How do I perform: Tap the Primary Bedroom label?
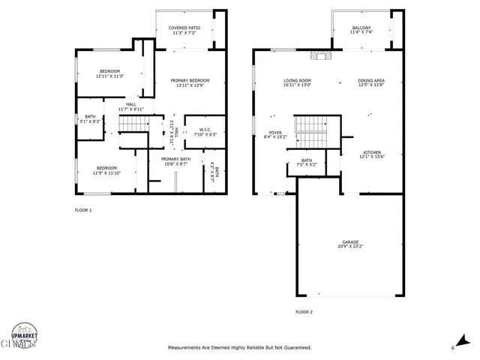(189, 82)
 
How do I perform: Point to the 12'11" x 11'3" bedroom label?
(109, 73)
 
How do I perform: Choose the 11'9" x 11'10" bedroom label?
(106, 170)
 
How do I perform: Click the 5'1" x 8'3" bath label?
(90, 118)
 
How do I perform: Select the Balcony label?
(360, 30)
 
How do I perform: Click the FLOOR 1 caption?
(83, 210)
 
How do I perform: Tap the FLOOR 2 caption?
(304, 311)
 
